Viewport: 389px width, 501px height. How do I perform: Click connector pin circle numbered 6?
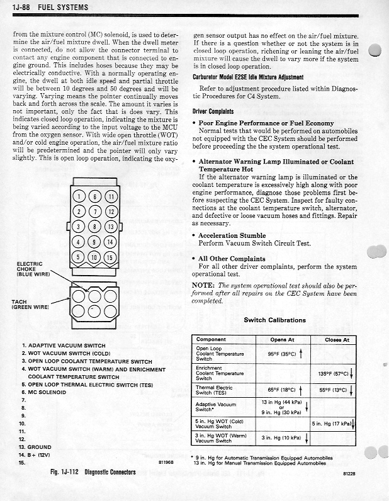95,196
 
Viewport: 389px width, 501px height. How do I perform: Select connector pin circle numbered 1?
79,196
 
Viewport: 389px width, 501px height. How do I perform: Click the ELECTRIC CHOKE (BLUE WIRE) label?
31,269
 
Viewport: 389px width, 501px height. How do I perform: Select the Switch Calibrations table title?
274,320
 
